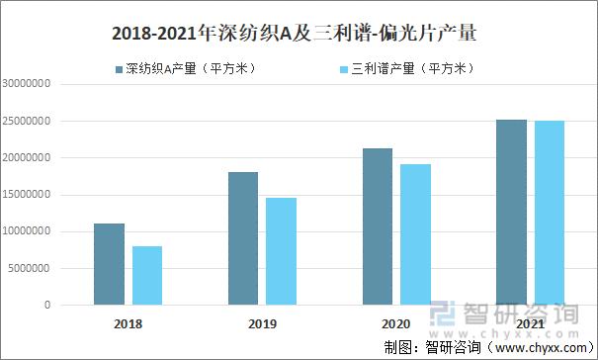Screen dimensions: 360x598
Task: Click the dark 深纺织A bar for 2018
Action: pyautogui.click(x=110, y=264)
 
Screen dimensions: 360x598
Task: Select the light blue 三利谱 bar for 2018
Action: pyautogui.click(x=146, y=275)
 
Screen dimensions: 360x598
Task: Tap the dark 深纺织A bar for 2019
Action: pyautogui.click(x=243, y=238)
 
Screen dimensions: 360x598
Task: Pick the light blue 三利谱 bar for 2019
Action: pyautogui.click(x=281, y=251)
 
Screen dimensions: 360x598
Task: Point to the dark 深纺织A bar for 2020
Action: pyautogui.click(x=378, y=226)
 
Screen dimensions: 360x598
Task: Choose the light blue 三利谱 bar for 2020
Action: pyautogui.click(x=415, y=234)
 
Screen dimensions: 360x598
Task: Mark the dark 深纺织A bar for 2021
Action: pyautogui.click(x=512, y=212)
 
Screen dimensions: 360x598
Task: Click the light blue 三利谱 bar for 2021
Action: pyautogui.click(x=549, y=213)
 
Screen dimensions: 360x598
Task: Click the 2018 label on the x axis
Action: pyautogui.click(x=128, y=323)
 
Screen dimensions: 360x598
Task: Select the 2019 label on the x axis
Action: pyautogui.click(x=262, y=323)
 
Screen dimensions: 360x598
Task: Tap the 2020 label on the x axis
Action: pyautogui.click(x=396, y=323)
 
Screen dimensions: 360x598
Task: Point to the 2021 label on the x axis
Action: pyautogui.click(x=530, y=323)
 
